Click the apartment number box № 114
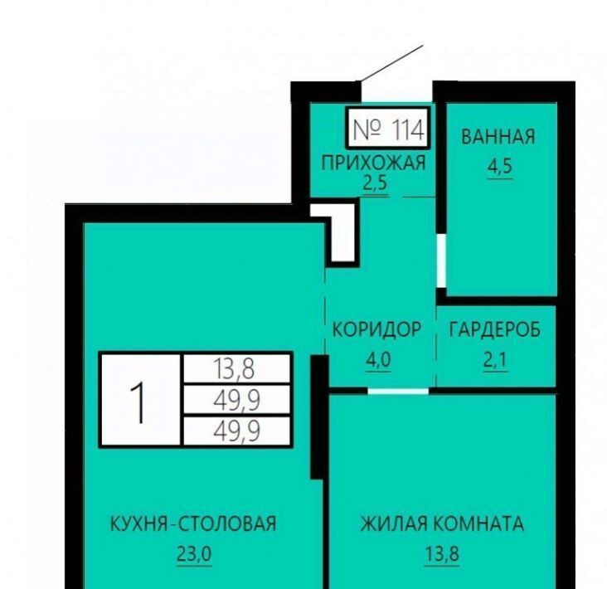[388, 129]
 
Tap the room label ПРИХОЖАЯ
[373, 163]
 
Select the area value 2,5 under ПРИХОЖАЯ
[375, 183]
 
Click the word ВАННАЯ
[498, 137]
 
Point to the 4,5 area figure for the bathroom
[500, 167]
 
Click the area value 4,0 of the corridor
[379, 360]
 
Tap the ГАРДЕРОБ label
[495, 330]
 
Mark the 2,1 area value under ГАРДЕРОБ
[495, 360]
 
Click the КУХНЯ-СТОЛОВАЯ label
[193, 524]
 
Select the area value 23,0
[194, 554]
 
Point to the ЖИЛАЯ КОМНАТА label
[442, 524]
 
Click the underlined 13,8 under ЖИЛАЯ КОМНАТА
[442, 554]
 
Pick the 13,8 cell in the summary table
[236, 368]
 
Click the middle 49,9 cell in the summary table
[236, 400]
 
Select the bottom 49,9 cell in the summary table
[236, 431]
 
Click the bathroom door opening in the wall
[441, 260]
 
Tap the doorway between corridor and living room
[398, 391]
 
